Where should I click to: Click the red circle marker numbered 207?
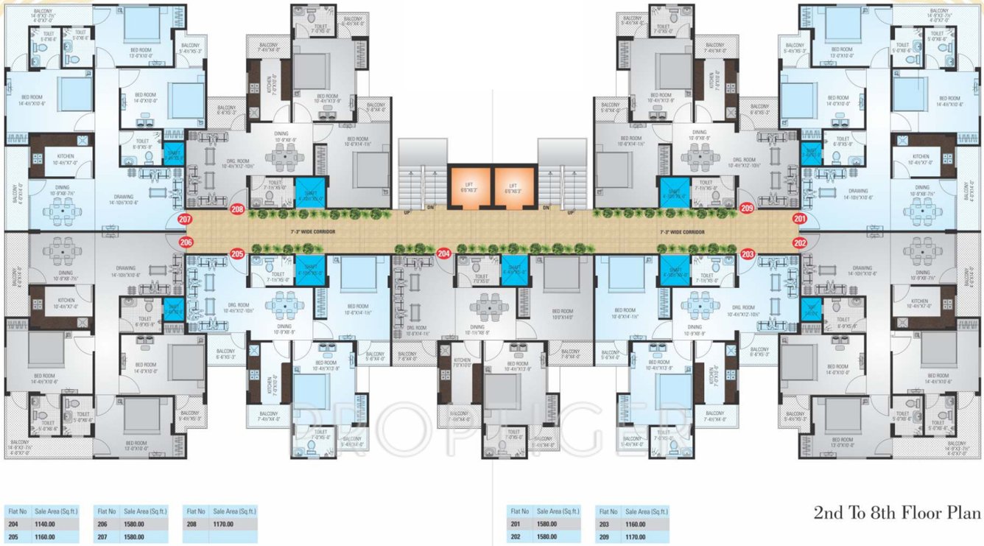click(x=185, y=219)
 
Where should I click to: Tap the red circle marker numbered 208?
click(x=237, y=209)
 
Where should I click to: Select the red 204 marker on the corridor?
click(x=443, y=253)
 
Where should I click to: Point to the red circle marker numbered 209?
click(x=747, y=209)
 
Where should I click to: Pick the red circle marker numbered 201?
click(x=800, y=219)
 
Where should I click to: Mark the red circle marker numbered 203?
click(x=748, y=253)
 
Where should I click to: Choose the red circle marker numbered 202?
click(x=800, y=242)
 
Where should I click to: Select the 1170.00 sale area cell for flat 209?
click(x=636, y=537)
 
